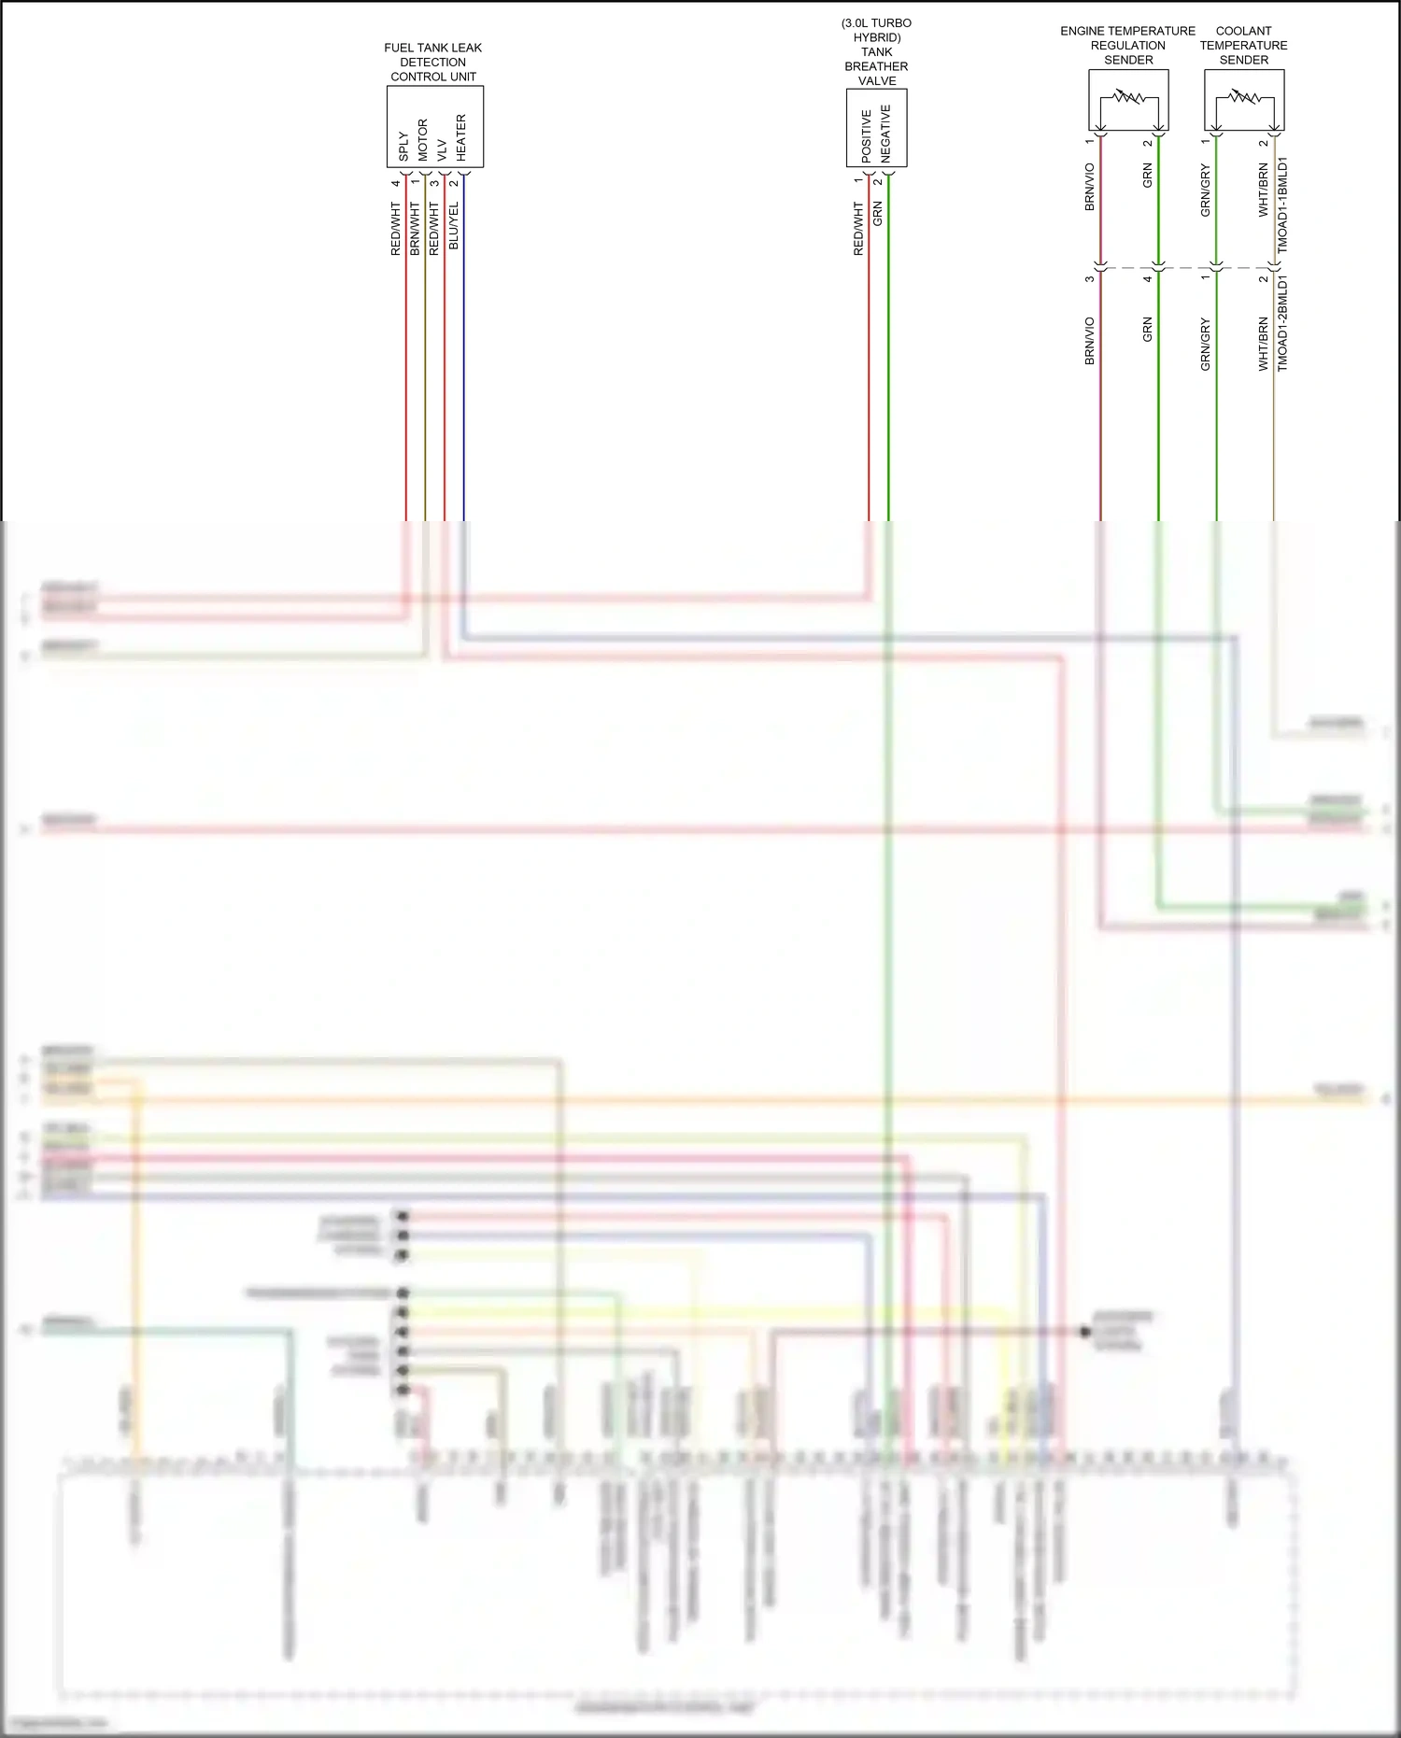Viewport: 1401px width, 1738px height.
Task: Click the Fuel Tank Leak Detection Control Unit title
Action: point(433,63)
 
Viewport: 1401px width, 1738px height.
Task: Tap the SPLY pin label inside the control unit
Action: point(403,146)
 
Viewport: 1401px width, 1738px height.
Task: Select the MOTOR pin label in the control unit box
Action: point(423,140)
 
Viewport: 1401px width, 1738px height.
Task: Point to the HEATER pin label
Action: point(461,137)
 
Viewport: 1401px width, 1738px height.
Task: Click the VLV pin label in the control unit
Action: point(442,150)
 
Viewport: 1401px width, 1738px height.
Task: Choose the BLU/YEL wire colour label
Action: point(454,225)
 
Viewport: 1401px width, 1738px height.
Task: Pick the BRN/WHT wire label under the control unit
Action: point(415,229)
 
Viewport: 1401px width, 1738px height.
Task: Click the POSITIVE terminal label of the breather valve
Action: point(867,135)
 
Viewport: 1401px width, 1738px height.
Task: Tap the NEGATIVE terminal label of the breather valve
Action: point(885,133)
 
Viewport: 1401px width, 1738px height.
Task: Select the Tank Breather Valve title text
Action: point(876,52)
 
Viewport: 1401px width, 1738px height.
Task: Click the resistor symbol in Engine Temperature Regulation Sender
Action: point(1128,97)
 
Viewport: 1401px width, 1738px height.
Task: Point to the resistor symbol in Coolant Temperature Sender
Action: point(1244,97)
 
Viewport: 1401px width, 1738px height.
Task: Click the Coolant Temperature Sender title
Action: point(1244,45)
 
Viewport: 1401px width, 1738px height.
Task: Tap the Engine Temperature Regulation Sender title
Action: point(1128,45)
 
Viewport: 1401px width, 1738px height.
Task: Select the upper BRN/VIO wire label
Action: point(1090,187)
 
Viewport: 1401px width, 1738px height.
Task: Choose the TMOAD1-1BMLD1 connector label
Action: point(1282,205)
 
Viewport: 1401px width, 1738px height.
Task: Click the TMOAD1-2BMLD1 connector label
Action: point(1282,323)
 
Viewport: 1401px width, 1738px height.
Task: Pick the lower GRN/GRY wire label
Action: point(1206,345)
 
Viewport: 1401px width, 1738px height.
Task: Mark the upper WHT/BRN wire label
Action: point(1264,191)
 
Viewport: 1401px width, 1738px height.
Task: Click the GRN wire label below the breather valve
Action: point(878,214)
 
